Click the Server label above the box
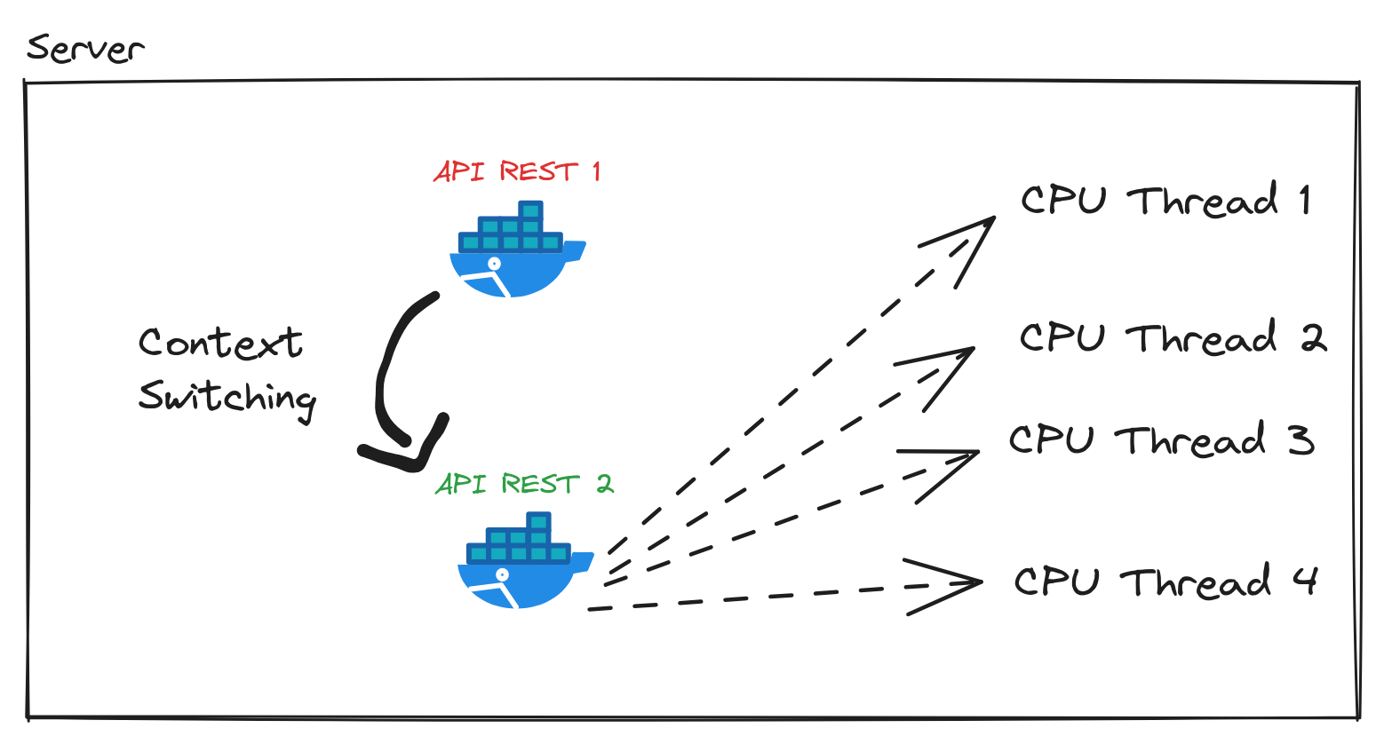[84, 48]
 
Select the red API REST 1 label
[517, 170]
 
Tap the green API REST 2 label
[524, 484]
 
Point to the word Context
[220, 344]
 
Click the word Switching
[227, 397]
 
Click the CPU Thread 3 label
[1161, 440]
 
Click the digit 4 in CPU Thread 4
[1304, 581]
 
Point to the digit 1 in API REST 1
[597, 170]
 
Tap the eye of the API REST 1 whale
[494, 264]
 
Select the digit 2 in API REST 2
[604, 484]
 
